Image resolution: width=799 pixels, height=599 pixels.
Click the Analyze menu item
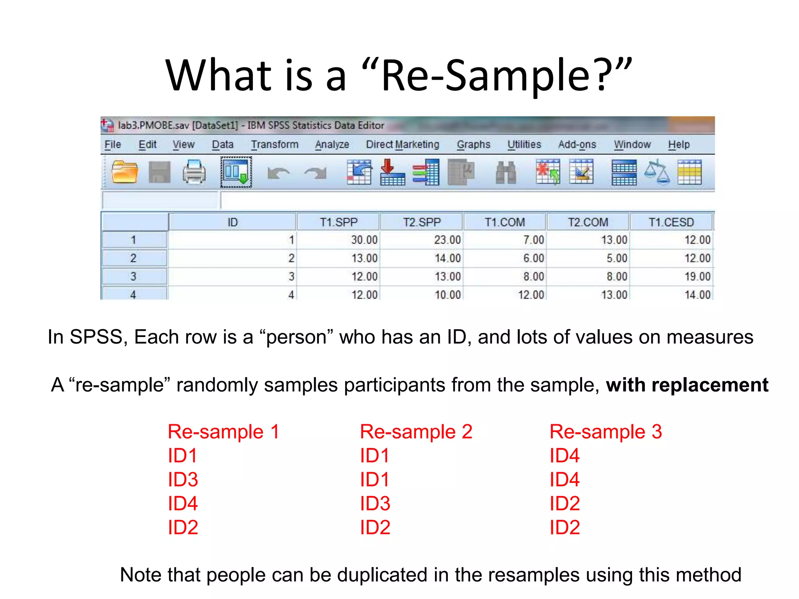click(x=332, y=145)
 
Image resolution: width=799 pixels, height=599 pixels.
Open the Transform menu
click(x=275, y=145)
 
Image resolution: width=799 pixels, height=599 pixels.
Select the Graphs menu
click(x=474, y=145)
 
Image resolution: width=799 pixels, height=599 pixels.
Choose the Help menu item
click(x=679, y=145)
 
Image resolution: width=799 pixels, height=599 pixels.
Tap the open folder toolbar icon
click(x=124, y=172)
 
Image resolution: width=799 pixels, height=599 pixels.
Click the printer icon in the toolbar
click(x=194, y=172)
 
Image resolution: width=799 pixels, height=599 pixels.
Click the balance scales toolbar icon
click(x=657, y=172)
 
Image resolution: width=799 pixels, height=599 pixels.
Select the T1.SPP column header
click(x=339, y=222)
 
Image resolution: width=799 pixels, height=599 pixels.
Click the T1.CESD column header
click(x=671, y=222)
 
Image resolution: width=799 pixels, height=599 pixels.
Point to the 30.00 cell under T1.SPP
click(x=364, y=240)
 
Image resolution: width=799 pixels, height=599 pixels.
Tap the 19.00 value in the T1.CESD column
click(x=697, y=276)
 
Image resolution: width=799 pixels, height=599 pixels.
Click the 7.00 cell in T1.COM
click(x=533, y=240)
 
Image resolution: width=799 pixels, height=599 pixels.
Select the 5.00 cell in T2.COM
click(x=616, y=258)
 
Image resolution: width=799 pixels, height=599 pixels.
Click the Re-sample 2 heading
click(x=416, y=432)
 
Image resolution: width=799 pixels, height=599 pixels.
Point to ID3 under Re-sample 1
click(x=183, y=479)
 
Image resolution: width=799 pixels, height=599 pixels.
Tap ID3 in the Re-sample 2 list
click(x=375, y=503)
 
